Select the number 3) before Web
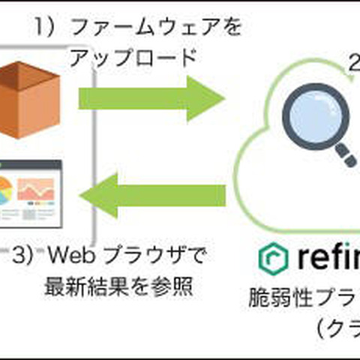[23, 256]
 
